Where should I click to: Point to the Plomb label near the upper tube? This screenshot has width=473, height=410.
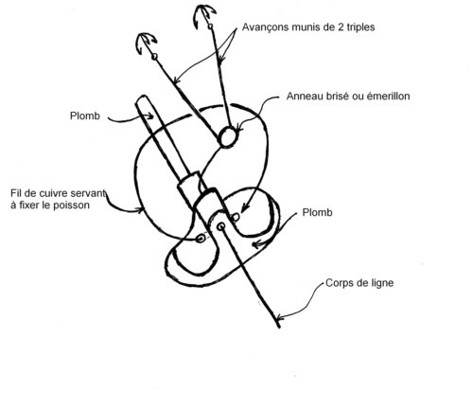pyautogui.click(x=85, y=116)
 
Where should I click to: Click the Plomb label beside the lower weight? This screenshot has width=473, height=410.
pyautogui.click(x=317, y=212)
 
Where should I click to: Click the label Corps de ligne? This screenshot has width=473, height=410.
pyautogui.click(x=359, y=283)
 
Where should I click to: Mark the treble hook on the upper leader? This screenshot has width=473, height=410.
pyautogui.click(x=204, y=15)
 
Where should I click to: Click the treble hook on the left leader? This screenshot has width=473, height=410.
pyautogui.click(x=146, y=43)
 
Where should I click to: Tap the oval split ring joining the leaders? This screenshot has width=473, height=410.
pyautogui.click(x=228, y=136)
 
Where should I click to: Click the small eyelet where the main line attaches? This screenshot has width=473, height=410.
pyautogui.click(x=221, y=226)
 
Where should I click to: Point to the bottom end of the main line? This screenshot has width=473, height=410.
pyautogui.click(x=279, y=327)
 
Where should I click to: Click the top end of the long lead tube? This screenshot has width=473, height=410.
pyautogui.click(x=141, y=98)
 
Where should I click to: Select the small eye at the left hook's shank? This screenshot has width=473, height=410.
pyautogui.click(x=154, y=57)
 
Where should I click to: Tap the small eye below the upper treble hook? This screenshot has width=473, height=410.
pyautogui.click(x=210, y=27)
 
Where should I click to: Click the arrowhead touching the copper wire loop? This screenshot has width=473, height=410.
pyautogui.click(x=139, y=209)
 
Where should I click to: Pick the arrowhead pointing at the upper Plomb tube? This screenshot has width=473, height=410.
pyautogui.click(x=150, y=116)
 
